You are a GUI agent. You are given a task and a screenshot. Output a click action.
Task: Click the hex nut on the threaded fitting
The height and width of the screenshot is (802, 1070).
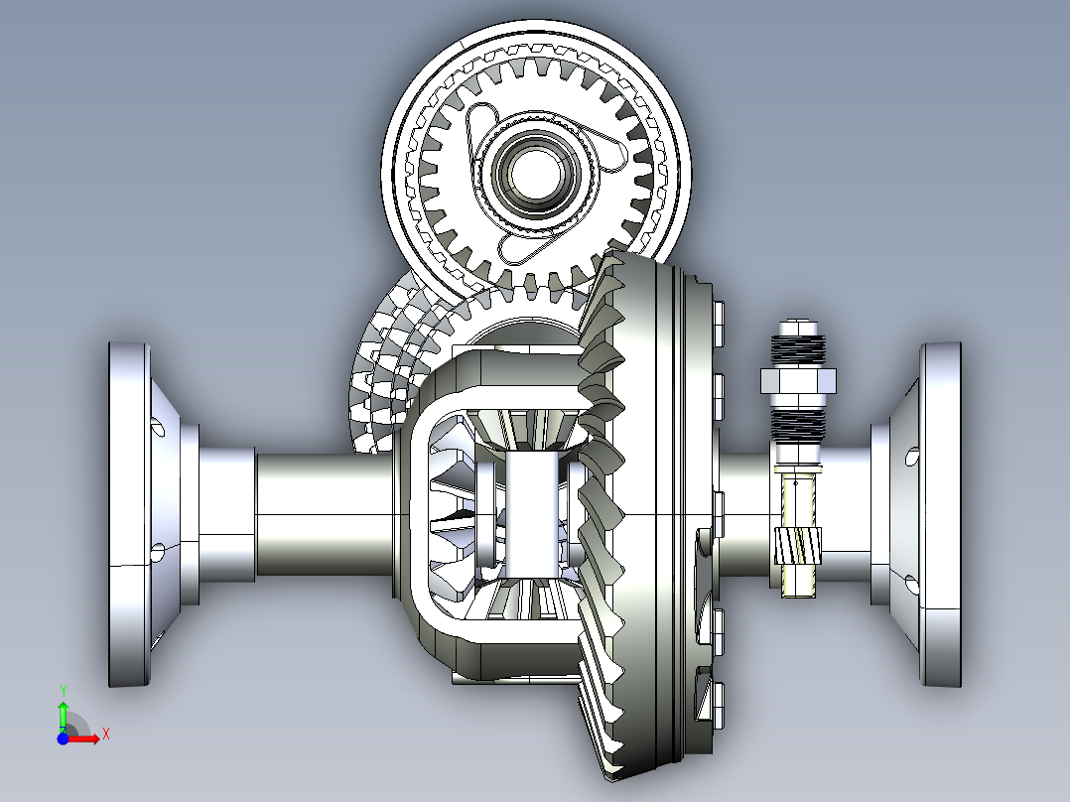797,379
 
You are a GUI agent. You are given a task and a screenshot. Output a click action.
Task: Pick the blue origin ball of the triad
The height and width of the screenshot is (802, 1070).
63,737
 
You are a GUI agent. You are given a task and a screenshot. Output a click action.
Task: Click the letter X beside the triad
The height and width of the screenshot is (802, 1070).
105,734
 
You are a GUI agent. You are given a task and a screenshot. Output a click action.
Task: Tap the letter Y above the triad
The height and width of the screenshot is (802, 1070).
63,690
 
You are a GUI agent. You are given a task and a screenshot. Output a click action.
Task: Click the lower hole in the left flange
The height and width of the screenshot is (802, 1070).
157,551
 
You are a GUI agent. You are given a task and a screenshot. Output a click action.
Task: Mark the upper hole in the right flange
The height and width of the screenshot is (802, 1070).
912,458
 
